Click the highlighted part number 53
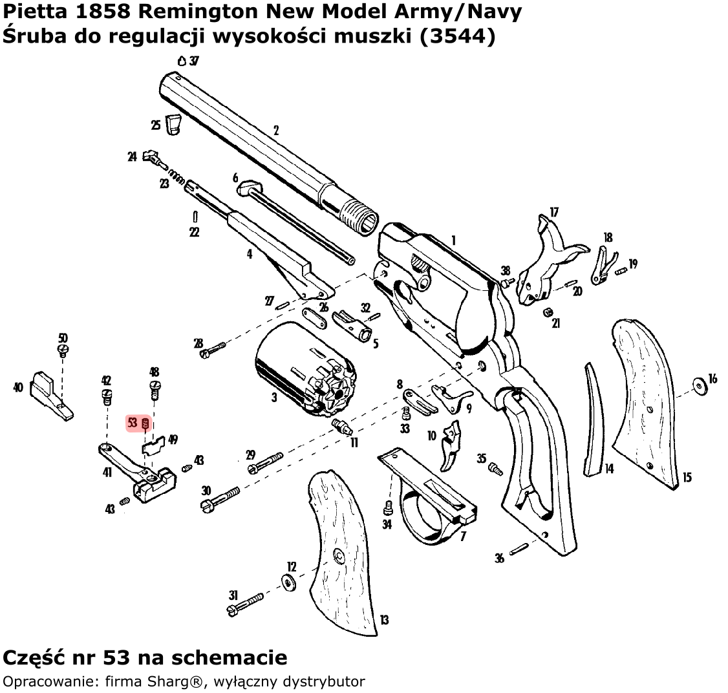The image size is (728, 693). point(133,423)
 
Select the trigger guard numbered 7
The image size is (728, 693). point(430,498)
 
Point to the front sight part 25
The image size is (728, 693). point(173,125)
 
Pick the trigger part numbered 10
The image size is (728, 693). point(451,444)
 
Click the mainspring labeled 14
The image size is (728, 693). point(595,420)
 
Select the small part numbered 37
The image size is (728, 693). point(182,60)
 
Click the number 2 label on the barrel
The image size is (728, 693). point(276,131)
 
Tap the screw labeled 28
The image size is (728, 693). point(213,349)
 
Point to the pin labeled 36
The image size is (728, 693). point(520,549)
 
